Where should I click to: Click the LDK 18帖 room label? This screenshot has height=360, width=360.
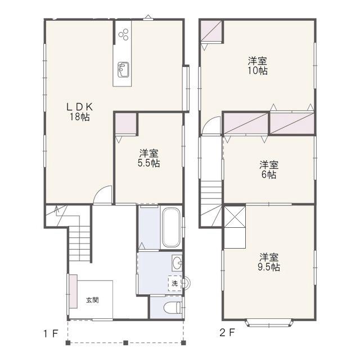click(x=79, y=112)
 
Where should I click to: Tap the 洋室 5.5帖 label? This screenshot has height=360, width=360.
click(x=148, y=158)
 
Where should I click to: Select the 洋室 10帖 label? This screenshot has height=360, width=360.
click(x=258, y=66)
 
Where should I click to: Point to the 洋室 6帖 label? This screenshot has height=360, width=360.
click(x=269, y=170)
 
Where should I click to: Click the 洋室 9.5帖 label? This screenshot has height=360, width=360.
click(x=269, y=262)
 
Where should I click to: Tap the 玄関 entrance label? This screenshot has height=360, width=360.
click(x=92, y=300)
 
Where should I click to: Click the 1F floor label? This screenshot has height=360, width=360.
click(x=51, y=334)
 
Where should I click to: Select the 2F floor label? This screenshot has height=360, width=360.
click(x=227, y=332)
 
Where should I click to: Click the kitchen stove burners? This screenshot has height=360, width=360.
click(x=123, y=34)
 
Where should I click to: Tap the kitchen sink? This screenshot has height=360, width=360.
click(x=123, y=70)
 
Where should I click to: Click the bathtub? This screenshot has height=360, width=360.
click(x=170, y=227)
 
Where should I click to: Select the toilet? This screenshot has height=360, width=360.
click(x=173, y=308)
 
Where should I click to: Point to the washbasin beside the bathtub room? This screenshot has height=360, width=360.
click(x=177, y=263)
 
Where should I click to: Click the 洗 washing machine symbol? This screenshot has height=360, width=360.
click(x=175, y=283)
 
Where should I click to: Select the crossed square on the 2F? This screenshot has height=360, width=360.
click(x=235, y=217)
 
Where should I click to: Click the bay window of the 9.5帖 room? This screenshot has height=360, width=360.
click(x=269, y=323)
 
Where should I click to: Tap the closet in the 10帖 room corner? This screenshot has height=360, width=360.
click(x=211, y=31)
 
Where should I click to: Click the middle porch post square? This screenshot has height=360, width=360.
click(x=125, y=343)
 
